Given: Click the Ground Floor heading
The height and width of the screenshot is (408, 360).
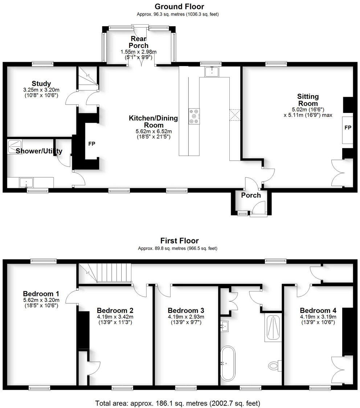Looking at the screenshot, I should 179,7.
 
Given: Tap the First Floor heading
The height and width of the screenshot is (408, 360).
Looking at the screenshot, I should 179,241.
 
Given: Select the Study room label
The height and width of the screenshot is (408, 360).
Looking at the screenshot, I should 41,84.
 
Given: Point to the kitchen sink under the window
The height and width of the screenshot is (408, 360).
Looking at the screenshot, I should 210,72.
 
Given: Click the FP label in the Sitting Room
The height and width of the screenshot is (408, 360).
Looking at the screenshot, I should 348,128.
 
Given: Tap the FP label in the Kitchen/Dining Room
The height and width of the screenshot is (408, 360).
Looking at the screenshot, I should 92,144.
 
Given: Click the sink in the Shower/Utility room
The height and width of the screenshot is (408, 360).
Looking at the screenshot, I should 26,182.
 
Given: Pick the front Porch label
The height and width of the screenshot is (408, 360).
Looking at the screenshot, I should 251,195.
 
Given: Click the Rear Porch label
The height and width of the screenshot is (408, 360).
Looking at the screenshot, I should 139,42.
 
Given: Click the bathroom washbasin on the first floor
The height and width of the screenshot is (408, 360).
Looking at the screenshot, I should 225,326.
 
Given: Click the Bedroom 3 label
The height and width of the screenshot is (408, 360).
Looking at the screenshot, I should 185,311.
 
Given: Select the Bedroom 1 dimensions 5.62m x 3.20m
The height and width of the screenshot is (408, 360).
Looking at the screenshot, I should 41,300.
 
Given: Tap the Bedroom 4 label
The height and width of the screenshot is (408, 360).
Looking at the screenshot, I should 318,311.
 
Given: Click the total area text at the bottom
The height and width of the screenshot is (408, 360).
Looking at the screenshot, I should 178,403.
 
